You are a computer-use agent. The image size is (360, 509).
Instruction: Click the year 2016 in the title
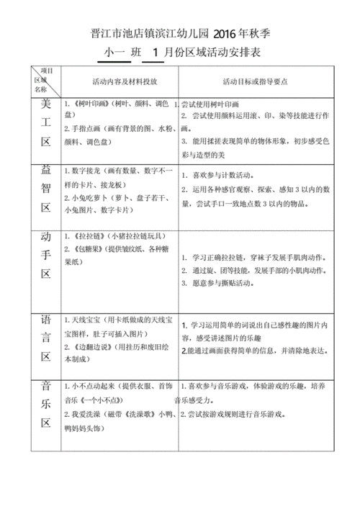pyautogui.click(x=228, y=34)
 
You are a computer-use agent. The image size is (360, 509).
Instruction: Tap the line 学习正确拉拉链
pyautogui.click(x=222, y=258)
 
